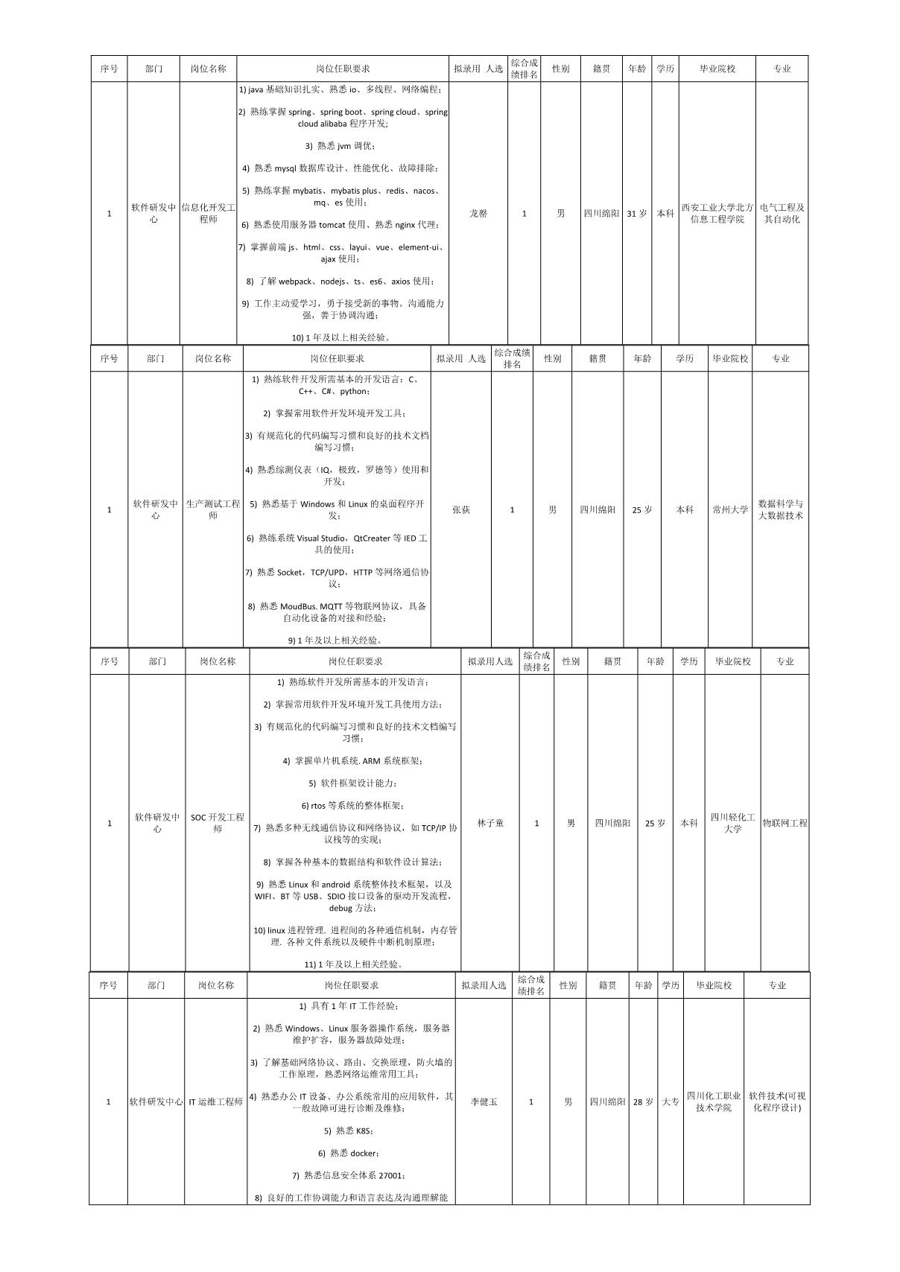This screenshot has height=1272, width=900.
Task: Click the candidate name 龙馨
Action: pos(478,214)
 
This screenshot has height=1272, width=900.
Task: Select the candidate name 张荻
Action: pos(461,510)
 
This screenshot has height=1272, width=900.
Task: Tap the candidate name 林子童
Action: pos(490,823)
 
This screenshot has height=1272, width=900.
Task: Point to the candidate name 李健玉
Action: pos(484,1101)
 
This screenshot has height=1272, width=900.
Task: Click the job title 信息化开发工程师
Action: pos(209,214)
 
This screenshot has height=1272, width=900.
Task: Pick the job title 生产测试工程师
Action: pos(213,510)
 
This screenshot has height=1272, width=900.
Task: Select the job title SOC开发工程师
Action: pos(218,823)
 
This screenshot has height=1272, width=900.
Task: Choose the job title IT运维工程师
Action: pos(215,1101)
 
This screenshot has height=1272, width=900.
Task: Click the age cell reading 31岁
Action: pos(637,214)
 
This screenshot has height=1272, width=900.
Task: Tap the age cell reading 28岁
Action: pos(643,1101)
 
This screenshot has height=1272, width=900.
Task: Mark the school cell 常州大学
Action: pos(730,510)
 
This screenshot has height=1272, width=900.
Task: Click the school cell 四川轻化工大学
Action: pos(732,823)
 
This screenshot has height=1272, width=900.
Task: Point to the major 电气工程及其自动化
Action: pos(782,214)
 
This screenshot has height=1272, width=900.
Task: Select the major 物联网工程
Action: pos(785,823)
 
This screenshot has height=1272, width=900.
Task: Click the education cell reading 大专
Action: pos(671,1101)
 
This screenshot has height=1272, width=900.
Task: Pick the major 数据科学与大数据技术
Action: pos(780,510)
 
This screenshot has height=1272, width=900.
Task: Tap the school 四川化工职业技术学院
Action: pos(714,1101)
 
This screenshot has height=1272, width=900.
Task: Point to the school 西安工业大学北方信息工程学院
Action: pos(717,214)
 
